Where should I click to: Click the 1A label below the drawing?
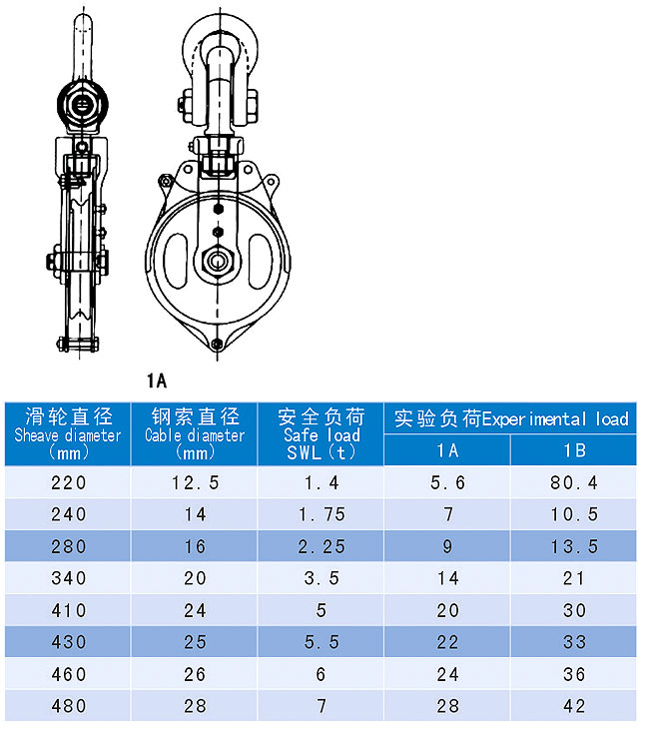click(x=157, y=380)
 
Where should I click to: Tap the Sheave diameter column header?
click(x=68, y=434)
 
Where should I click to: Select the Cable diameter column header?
click(x=195, y=434)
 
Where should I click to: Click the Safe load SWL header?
click(x=322, y=434)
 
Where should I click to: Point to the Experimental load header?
click(x=510, y=418)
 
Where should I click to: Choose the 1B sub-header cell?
click(x=574, y=450)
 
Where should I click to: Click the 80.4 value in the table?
click(x=574, y=482)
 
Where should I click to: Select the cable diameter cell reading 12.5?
click(x=196, y=482)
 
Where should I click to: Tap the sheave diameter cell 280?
click(x=69, y=546)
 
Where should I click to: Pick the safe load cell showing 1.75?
click(x=322, y=514)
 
